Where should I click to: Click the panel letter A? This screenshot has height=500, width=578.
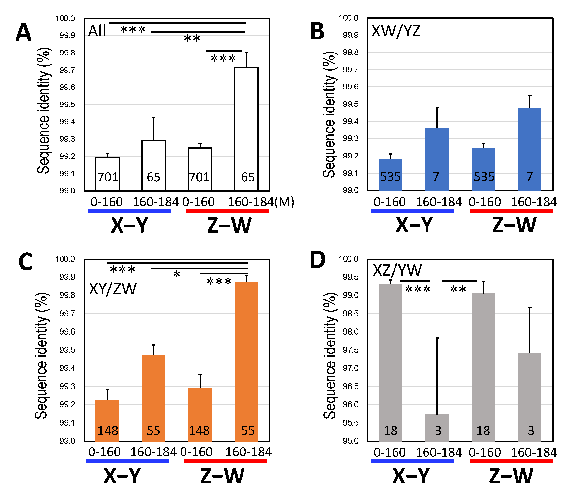24,32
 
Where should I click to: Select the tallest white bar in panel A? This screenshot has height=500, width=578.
246,128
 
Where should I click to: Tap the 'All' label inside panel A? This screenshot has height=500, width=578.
97,31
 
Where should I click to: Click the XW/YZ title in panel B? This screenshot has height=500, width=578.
396,31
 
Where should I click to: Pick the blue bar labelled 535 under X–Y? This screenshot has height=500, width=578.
390,175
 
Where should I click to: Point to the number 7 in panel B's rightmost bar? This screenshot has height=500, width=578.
529,176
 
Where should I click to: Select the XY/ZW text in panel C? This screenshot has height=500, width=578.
113,289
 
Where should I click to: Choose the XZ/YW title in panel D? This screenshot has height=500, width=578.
397,270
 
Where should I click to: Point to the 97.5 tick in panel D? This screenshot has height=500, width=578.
350,350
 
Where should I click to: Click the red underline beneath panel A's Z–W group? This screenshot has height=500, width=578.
227,211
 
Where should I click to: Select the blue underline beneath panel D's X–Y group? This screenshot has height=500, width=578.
412,461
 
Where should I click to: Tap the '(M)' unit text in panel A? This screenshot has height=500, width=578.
284,202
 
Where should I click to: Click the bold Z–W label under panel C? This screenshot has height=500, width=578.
222,476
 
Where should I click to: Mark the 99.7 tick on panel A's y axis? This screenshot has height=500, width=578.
67,70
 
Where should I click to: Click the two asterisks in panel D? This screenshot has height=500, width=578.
458,289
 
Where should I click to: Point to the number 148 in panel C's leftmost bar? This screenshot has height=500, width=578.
108,430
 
